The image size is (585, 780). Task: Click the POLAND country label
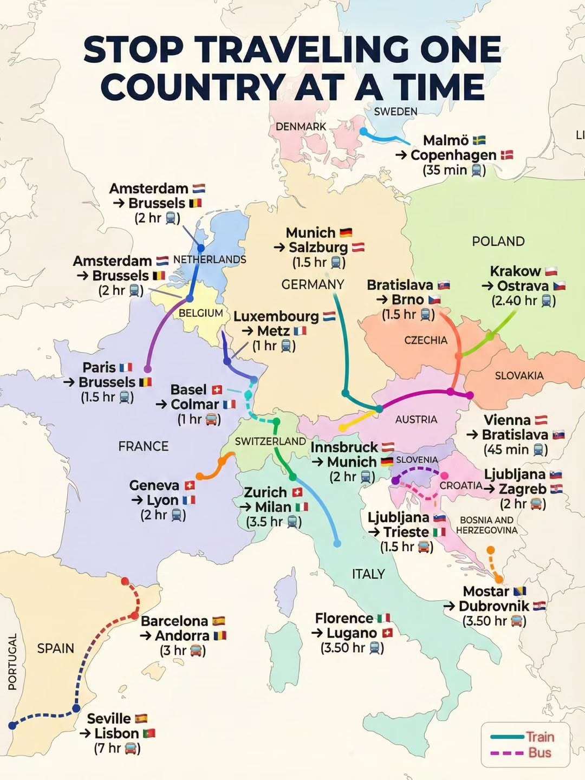click(498, 242)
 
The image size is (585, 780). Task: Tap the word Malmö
click(446, 140)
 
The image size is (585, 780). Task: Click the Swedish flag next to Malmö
click(479, 140)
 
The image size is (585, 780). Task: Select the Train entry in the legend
click(539, 737)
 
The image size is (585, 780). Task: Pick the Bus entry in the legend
click(539, 753)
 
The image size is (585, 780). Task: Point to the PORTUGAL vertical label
click(12, 661)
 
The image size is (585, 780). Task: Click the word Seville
click(109, 719)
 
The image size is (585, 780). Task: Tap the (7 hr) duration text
click(117, 749)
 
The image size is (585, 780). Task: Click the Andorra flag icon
click(220, 635)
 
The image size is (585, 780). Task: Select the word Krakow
click(515, 271)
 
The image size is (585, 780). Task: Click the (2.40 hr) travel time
click(523, 301)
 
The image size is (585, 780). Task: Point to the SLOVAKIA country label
click(519, 375)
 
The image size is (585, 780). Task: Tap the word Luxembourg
click(276, 316)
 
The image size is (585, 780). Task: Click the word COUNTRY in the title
click(192, 87)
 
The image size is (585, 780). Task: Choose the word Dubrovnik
click(493, 606)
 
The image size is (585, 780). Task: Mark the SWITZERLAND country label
click(270, 441)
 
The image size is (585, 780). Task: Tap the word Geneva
click(154, 485)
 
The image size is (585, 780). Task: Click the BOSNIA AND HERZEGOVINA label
click(486, 525)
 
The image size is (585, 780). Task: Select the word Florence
click(344, 619)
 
